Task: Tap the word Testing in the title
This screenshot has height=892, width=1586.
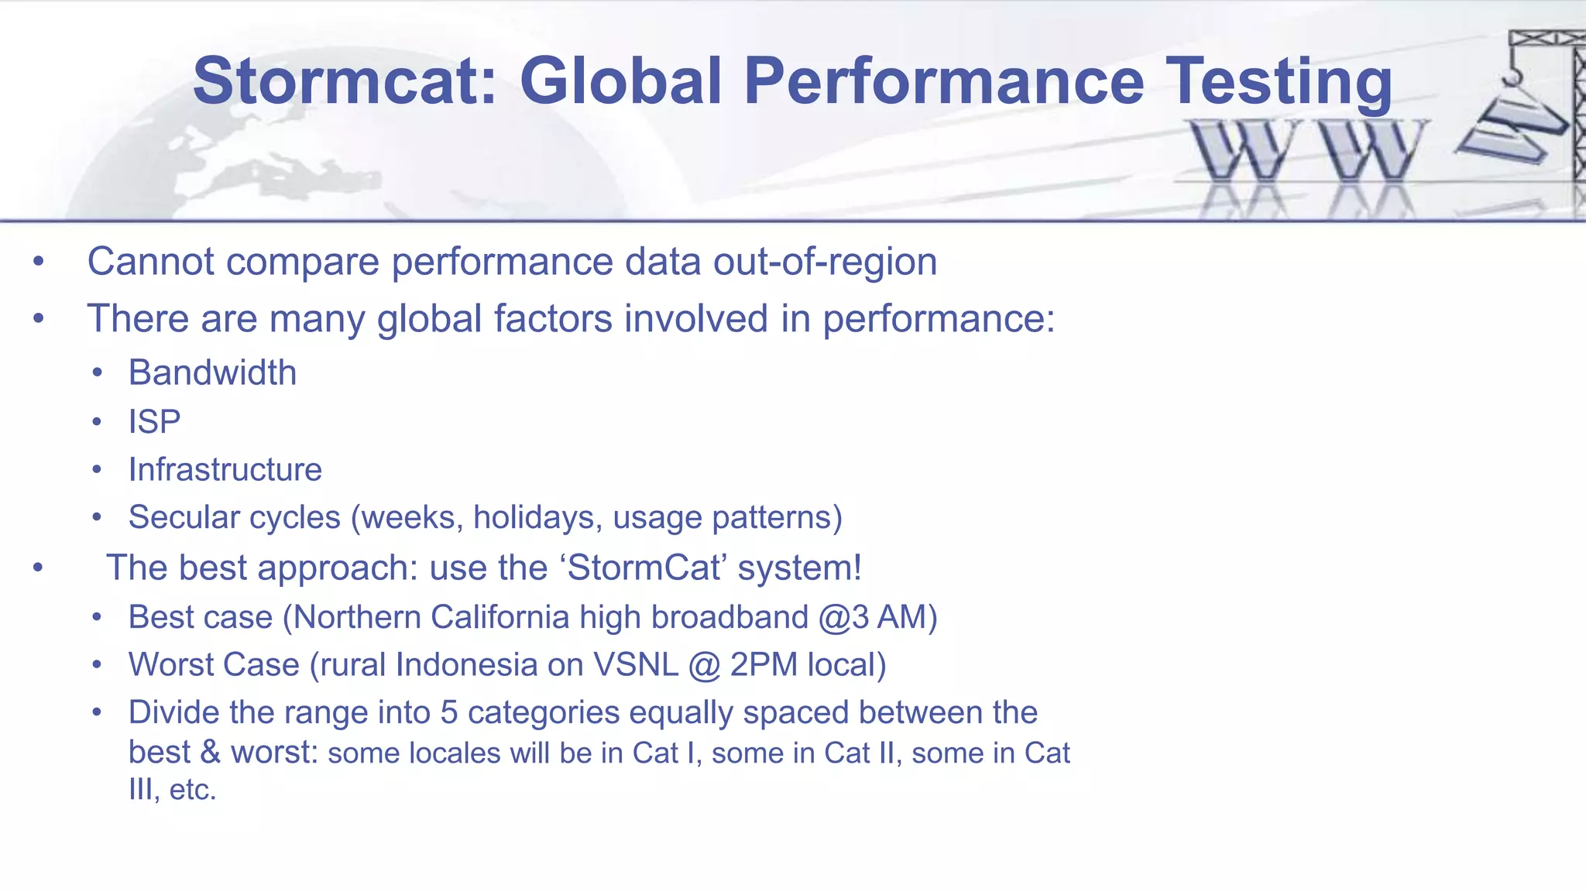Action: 1279,81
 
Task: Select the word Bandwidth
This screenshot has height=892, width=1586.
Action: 212,373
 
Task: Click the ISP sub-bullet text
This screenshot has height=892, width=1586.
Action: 154,422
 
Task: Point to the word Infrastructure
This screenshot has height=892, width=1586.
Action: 225,470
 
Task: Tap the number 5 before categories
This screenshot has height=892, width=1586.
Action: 449,712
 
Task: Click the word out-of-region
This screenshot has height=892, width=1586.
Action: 825,262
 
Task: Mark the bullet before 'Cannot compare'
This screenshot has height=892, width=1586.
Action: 39,262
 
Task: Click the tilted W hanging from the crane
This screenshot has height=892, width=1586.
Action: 1510,128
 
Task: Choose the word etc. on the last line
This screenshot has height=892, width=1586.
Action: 193,790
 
